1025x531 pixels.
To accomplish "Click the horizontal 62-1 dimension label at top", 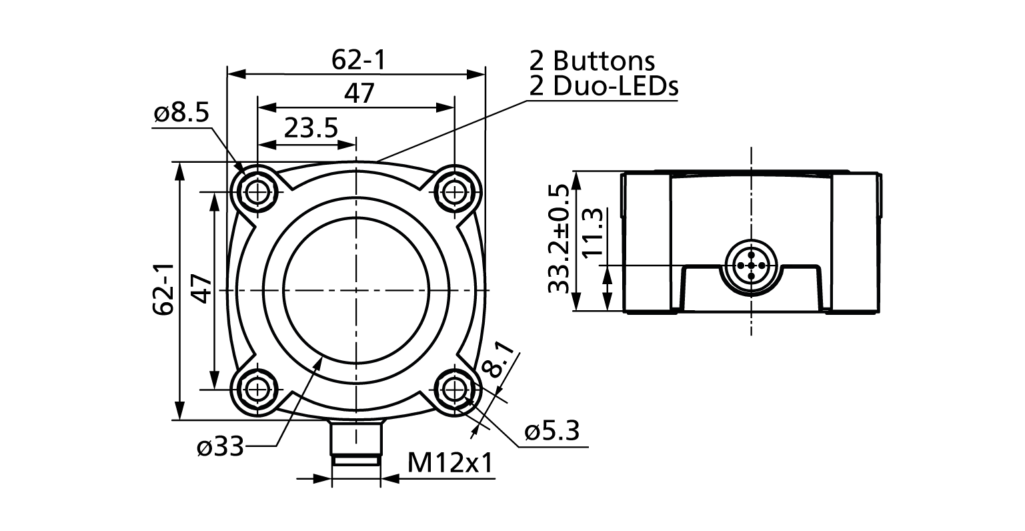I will [359, 61].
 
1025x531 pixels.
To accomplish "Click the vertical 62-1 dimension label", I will [165, 289].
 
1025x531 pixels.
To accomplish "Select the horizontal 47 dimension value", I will [359, 93].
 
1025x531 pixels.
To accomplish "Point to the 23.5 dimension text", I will [311, 127].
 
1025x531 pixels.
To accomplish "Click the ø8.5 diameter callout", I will [181, 114].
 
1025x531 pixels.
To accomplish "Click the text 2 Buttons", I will [592, 61].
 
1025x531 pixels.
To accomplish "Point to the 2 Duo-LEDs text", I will [604, 86].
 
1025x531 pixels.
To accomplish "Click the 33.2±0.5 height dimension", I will [559, 240].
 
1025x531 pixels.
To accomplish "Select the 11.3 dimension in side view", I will [593, 232].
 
